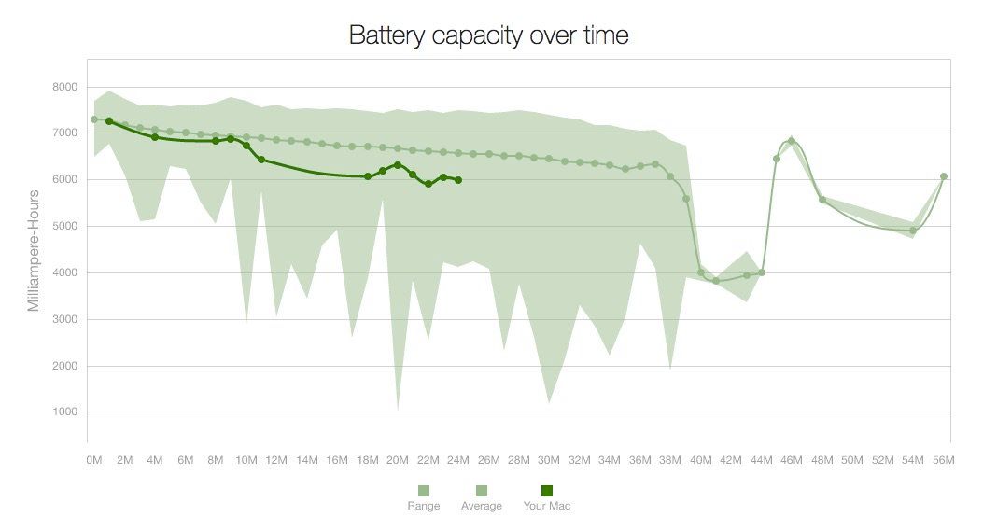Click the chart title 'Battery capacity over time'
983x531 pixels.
pyautogui.click(x=488, y=35)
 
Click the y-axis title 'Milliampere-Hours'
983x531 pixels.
pyautogui.click(x=35, y=250)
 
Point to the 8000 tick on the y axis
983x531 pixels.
pyautogui.click(x=64, y=87)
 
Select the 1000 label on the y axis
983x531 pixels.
pyautogui.click(x=64, y=412)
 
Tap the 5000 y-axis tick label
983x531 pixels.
pyautogui.click(x=64, y=227)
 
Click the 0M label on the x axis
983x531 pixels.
pyautogui.click(x=94, y=460)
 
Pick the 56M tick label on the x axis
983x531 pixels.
pyautogui.click(x=943, y=460)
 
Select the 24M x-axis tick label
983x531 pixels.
pyautogui.click(x=457, y=460)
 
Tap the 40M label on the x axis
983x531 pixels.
pyautogui.click(x=700, y=460)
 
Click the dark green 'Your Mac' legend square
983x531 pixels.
pyautogui.click(x=547, y=491)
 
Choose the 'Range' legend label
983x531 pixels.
pyautogui.click(x=424, y=506)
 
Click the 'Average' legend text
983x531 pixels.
pyautogui.click(x=482, y=506)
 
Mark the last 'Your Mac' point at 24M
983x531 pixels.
pyautogui.click(x=457, y=180)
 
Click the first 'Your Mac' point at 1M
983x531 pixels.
pyautogui.click(x=109, y=121)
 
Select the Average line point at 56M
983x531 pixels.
pyautogui.click(x=944, y=176)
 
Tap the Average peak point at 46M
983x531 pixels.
pyautogui.click(x=792, y=141)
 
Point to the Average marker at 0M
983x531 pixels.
pyautogui.click(x=94, y=119)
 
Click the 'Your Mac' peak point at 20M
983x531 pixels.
pyautogui.click(x=398, y=165)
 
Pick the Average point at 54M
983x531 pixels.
pyautogui.click(x=913, y=231)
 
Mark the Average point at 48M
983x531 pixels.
pyautogui.click(x=822, y=199)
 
